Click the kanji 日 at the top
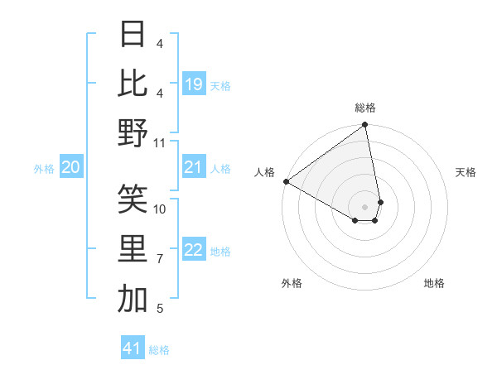(133, 34)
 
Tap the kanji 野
(133, 132)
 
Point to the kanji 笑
(133, 198)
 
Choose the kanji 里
(133, 248)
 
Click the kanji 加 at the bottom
(133, 299)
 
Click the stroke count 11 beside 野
(160, 143)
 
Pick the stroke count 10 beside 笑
(160, 209)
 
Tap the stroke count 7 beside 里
(160, 259)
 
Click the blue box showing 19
(194, 84)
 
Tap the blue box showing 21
(194, 168)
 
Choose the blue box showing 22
(194, 250)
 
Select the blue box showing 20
(71, 168)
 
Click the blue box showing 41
(133, 348)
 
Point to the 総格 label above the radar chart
(365, 108)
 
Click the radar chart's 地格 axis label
(434, 283)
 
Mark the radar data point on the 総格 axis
(365, 126)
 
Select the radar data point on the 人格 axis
(286, 180)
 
